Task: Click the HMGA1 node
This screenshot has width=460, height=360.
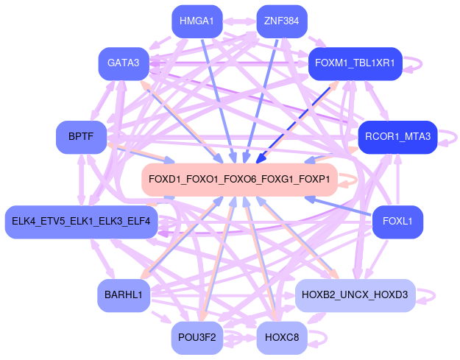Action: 197,21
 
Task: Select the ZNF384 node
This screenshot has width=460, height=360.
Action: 281,21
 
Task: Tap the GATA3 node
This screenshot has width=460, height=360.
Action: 124,63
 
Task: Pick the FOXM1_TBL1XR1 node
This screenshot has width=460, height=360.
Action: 354,63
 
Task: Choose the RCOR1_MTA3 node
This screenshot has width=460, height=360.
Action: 397,136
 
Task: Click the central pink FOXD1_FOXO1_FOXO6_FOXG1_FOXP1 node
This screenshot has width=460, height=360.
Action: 239,180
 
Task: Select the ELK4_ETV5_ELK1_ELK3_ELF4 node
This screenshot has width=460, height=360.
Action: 81,222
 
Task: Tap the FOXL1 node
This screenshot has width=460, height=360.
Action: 397,222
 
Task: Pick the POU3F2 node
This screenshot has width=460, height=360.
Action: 197,338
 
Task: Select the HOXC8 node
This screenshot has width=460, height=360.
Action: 281,338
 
